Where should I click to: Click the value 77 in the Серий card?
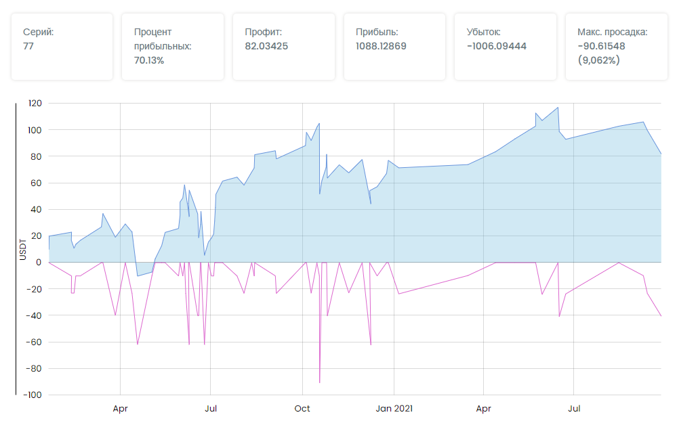point(28,46)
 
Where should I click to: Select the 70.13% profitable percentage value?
point(149,60)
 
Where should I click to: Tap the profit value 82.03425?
point(267,46)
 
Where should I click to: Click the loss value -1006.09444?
point(497,46)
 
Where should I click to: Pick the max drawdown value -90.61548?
point(601,46)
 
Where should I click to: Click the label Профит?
point(263,32)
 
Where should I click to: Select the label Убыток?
point(483,32)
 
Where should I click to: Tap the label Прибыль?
point(377,32)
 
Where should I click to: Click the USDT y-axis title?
point(22,249)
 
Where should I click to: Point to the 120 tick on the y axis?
point(35,104)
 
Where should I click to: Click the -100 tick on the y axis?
point(33,395)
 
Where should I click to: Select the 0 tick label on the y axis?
point(39,262)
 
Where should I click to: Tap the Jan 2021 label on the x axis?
point(394,409)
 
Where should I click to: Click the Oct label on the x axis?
point(302,409)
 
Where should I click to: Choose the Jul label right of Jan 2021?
point(574,409)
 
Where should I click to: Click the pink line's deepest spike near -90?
point(320,382)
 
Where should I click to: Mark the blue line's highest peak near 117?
point(558,108)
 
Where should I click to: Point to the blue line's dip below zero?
point(138,275)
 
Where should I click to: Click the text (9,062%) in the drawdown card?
point(598,60)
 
